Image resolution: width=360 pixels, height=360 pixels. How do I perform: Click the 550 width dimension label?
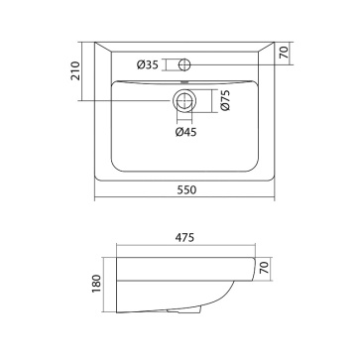186,189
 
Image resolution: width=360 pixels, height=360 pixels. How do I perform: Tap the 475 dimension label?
184,237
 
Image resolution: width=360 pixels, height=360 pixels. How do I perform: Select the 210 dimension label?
75,70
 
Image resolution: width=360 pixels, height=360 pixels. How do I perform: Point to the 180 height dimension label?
96,285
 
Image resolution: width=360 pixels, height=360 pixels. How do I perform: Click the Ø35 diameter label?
148,64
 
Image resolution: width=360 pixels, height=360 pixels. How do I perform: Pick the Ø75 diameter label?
225,100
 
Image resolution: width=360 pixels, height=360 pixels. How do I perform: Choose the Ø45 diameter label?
185,132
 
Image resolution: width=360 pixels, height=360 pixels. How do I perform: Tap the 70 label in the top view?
285,53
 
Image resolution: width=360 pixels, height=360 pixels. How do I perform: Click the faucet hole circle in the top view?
184,64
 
